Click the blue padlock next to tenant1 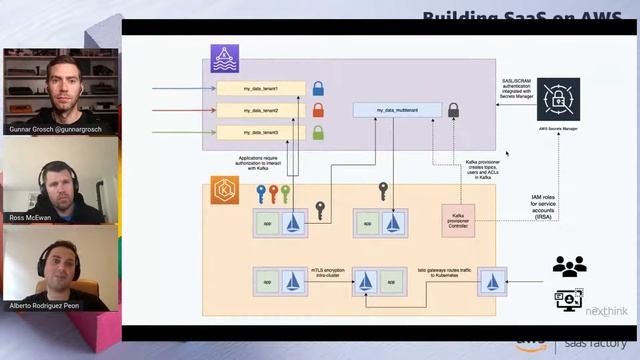[318, 88]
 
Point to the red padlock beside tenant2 [318, 110]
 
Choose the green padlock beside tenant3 [318, 132]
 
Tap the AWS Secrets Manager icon [558, 99]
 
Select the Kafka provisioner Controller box [458, 219]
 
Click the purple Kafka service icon [224, 58]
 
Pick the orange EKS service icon [224, 189]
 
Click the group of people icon [569, 266]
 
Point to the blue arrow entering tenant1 [180, 88]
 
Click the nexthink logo [606, 311]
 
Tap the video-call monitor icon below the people [569, 299]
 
